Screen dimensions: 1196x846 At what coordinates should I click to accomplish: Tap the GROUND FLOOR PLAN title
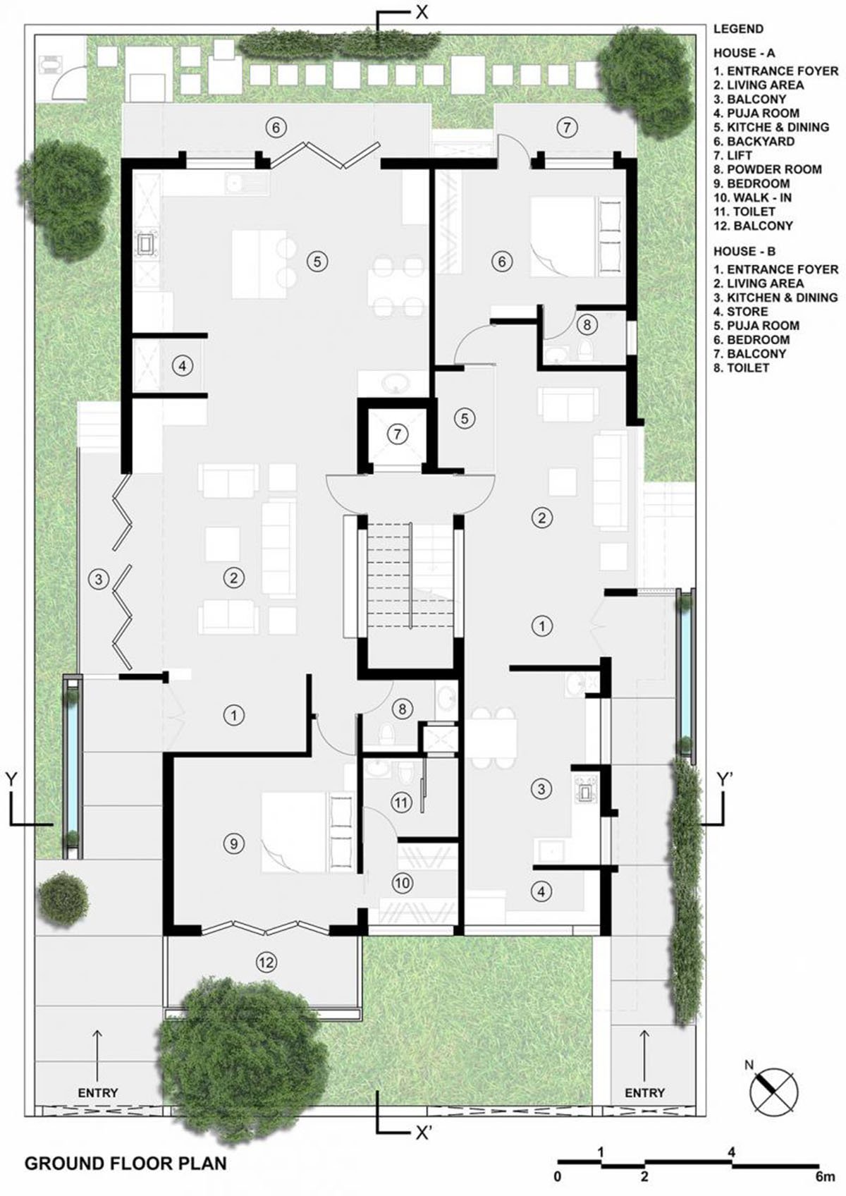tap(125, 1162)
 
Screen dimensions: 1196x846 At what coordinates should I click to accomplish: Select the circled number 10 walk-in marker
tap(402, 883)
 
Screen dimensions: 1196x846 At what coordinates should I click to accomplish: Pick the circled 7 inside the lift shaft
tap(397, 434)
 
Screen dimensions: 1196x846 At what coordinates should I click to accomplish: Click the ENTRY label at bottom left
tap(98, 1092)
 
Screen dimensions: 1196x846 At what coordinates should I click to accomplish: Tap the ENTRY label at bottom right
tap(644, 1092)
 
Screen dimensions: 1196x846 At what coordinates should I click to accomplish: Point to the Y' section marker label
tap(725, 779)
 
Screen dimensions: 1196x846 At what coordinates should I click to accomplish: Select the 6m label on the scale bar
tap(823, 1176)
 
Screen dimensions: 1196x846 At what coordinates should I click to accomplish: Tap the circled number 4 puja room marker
tap(182, 366)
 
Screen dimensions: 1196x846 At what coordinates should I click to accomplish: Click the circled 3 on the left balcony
tap(99, 580)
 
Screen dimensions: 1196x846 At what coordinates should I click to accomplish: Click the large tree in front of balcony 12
tap(240, 1044)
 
